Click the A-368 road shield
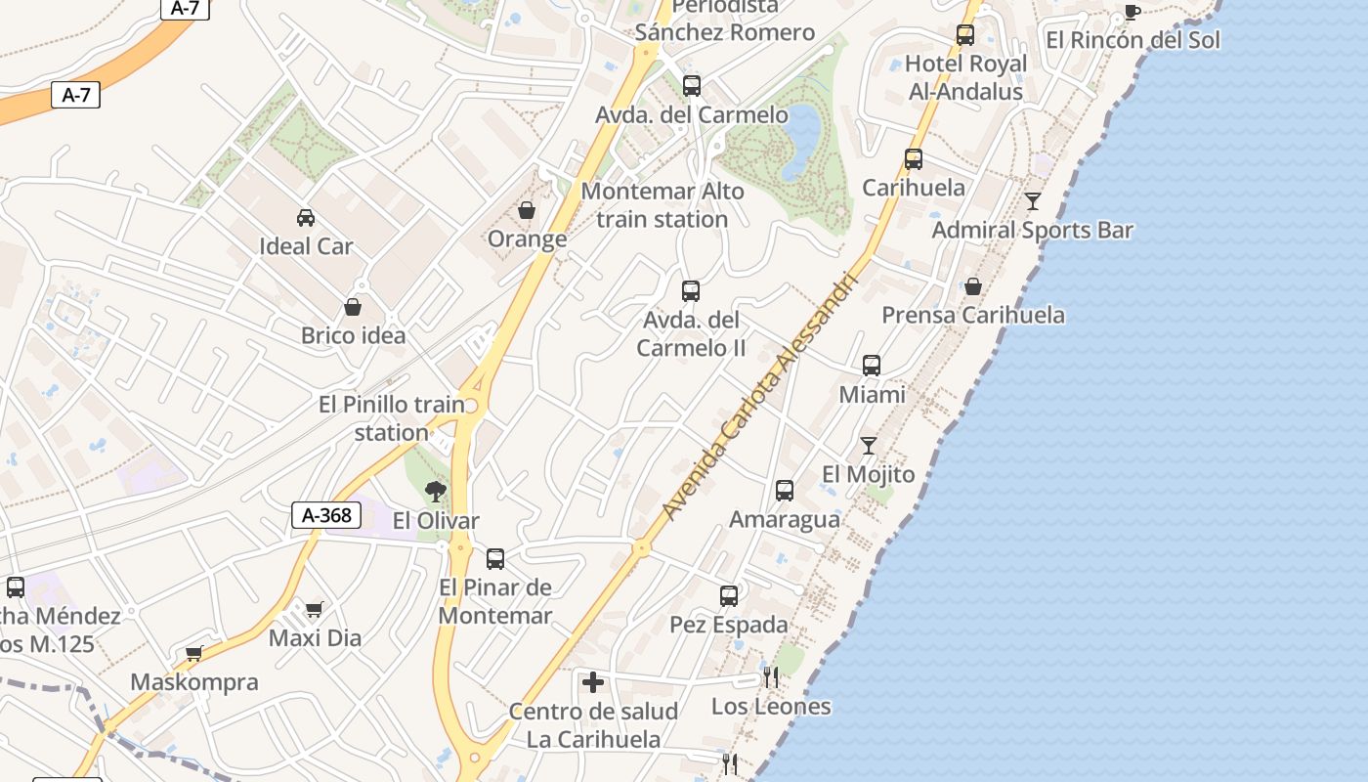tap(326, 515)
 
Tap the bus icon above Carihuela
tap(914, 158)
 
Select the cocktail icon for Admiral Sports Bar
tap(1033, 201)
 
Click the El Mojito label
tap(868, 475)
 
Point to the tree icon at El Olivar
tap(436, 491)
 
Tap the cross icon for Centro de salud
tap(593, 682)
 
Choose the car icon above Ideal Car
tap(306, 217)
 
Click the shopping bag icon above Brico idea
tap(353, 307)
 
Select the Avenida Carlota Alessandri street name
tap(758, 396)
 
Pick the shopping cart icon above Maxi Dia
tap(314, 610)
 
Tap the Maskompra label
tap(194, 682)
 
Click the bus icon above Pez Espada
tap(729, 595)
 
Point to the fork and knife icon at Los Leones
tap(771, 676)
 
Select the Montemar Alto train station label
tap(663, 205)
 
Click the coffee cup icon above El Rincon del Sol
tap(1132, 12)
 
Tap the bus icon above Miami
tap(872, 366)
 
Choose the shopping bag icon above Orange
tap(527, 210)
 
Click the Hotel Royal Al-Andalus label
tap(964, 77)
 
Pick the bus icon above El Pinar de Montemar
tap(495, 559)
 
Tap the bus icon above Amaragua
tap(785, 491)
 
